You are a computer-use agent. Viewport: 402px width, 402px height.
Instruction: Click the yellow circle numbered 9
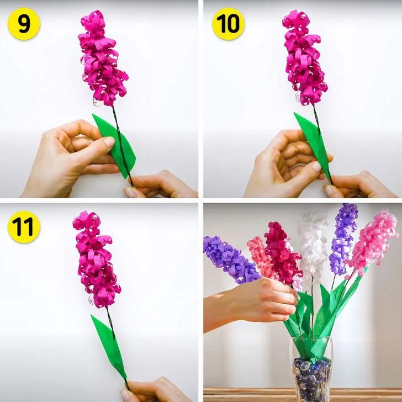point(24,24)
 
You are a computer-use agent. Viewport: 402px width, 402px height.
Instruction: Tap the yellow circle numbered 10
point(228,24)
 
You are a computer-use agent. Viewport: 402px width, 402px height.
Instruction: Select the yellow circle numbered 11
point(24,227)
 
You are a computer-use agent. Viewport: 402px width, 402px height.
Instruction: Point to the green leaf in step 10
point(314,144)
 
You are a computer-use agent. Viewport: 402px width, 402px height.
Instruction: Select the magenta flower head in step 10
point(304,57)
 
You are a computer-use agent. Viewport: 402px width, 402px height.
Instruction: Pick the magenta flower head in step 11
point(96,259)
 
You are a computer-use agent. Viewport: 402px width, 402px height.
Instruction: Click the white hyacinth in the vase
point(312,246)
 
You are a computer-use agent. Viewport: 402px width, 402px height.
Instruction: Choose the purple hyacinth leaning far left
point(231,259)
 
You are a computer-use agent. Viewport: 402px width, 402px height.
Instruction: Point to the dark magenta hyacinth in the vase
point(282,254)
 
